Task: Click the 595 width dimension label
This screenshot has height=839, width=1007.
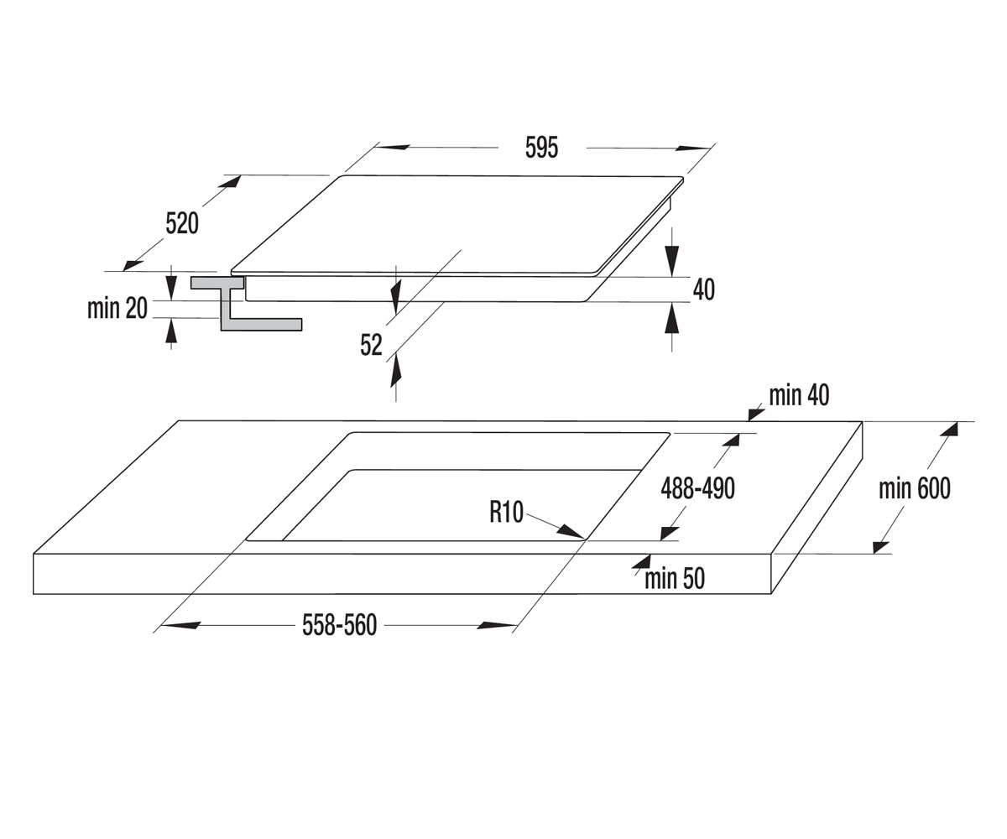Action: point(541,148)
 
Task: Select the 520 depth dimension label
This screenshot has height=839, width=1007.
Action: point(182,223)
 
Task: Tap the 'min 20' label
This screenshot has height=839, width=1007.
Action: point(117,309)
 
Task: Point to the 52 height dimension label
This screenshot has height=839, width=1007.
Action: point(371,345)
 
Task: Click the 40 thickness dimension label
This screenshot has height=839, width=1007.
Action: point(704,289)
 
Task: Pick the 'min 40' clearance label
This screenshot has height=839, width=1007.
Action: point(799,395)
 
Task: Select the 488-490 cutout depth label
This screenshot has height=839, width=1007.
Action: point(698,488)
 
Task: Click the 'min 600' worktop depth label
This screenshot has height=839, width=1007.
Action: point(915,488)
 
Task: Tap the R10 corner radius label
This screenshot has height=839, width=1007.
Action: point(506,512)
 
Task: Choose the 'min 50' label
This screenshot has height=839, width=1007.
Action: point(675,578)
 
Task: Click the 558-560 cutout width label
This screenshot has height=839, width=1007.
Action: point(340,625)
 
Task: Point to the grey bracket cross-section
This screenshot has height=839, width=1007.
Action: point(246,303)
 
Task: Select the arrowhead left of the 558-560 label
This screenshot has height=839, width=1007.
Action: point(180,625)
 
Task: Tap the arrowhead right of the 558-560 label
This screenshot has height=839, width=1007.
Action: point(498,625)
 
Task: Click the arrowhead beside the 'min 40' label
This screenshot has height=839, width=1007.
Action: point(756,414)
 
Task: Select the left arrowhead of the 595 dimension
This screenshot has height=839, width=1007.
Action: point(392,147)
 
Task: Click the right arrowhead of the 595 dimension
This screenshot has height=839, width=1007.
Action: point(692,148)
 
